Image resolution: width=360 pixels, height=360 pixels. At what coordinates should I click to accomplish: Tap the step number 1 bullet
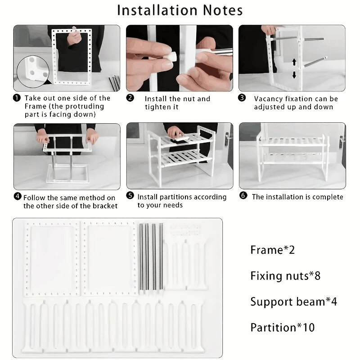pos(17,98)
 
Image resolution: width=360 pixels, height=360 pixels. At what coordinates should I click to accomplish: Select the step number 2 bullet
pos(130,98)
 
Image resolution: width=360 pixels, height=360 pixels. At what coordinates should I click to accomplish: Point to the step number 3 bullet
pos(242,98)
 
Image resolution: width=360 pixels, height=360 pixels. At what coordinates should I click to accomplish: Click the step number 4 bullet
pos(18,197)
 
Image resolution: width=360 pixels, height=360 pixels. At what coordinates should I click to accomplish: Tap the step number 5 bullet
pos(130,197)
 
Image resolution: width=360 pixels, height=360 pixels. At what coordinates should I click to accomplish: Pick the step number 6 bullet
pos(243,197)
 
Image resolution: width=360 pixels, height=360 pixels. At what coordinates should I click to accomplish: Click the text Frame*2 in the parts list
pos(272,250)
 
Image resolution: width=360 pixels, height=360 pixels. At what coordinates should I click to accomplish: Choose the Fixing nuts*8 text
pos(285,275)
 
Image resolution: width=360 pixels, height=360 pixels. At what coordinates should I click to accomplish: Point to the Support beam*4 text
pos(293,301)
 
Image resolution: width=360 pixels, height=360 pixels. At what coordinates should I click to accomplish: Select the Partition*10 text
pos(283,327)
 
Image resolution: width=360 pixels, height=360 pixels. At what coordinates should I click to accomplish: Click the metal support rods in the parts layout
pos(151,256)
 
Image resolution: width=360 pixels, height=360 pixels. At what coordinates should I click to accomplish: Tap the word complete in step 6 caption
pos(325,197)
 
